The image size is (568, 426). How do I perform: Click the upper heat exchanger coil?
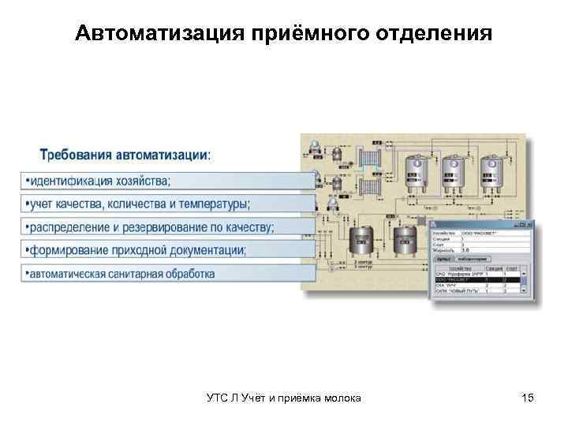click(369, 161)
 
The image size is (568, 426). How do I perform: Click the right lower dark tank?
click(405, 237)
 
